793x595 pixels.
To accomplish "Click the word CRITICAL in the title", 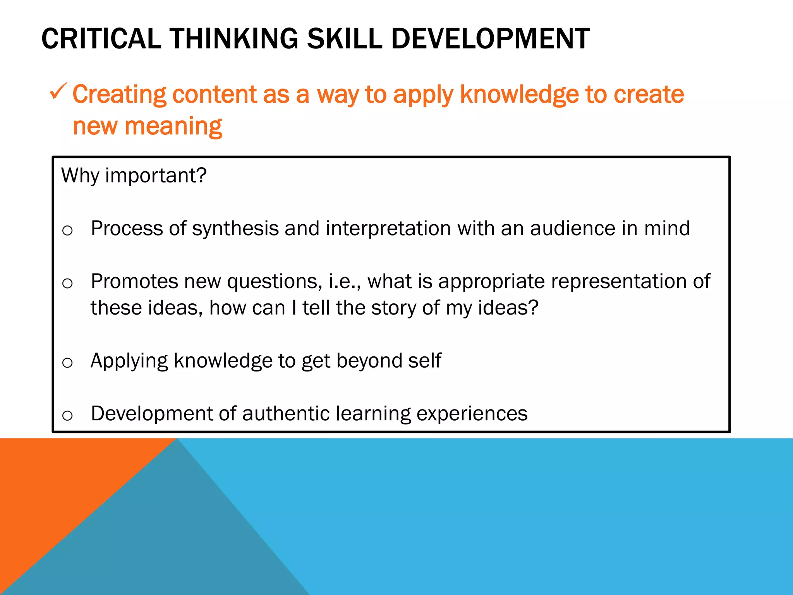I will click(101, 39).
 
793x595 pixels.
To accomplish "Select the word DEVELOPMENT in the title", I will click(490, 39).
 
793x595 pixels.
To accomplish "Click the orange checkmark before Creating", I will click(58, 92).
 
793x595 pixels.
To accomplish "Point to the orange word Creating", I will click(119, 95).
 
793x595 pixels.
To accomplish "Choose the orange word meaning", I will click(173, 127).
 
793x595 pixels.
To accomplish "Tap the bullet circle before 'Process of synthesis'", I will click(67, 230).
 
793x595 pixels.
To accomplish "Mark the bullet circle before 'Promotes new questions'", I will click(67, 284).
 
